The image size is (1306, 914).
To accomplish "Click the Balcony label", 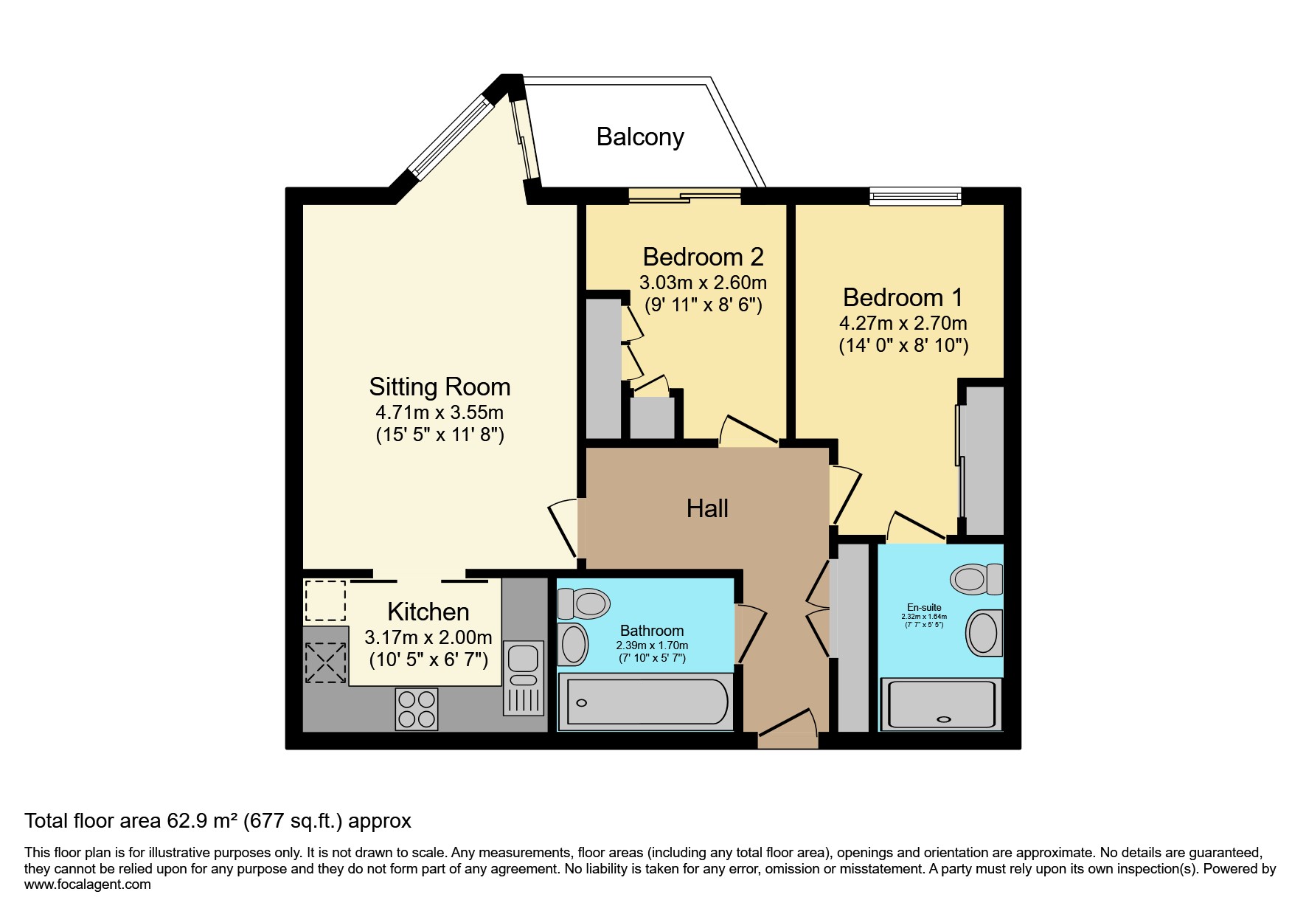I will [640, 137].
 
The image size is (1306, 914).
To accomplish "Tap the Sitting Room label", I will [440, 387].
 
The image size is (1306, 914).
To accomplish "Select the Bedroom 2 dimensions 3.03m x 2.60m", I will [703, 283].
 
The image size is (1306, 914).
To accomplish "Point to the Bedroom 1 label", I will [903, 297].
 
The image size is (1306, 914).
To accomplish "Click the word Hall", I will [707, 508].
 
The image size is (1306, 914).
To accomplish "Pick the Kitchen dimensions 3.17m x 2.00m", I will [428, 637].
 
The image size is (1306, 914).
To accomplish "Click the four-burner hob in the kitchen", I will [417, 708].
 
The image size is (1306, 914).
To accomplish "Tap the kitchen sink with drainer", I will [524, 677].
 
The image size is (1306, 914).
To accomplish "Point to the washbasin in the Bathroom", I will [573, 644].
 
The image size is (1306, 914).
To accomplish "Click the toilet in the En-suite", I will [976, 579].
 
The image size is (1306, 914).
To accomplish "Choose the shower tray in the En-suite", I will [942, 705].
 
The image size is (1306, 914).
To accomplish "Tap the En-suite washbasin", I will [984, 632].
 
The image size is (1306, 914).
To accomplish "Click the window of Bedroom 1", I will [915, 195].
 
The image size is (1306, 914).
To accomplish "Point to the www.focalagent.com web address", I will [88, 884].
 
